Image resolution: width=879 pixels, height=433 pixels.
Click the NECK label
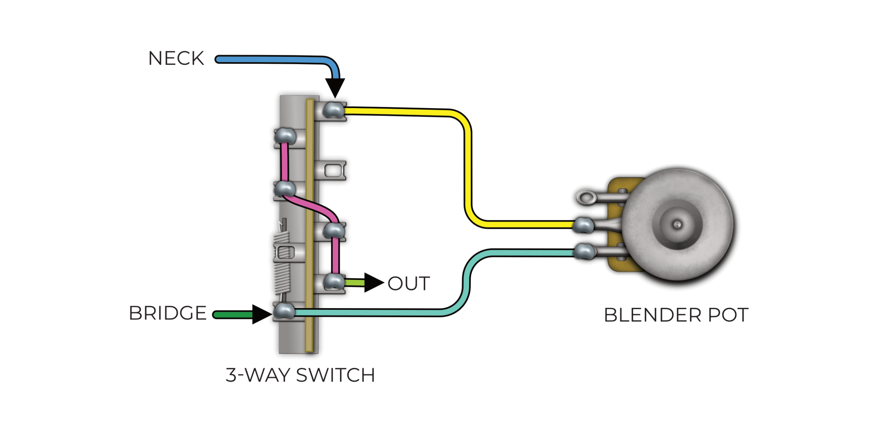tap(176, 58)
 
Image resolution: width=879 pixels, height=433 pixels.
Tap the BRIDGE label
tap(168, 313)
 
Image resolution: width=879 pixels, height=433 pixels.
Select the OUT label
tap(409, 283)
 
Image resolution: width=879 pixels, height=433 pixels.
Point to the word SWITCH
tap(335, 375)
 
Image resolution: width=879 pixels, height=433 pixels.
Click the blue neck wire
tap(275, 60)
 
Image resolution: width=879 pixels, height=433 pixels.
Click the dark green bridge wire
tap(233, 314)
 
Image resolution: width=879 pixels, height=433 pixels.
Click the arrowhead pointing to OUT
tap(374, 283)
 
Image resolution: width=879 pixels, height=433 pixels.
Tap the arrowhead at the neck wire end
tap(335, 88)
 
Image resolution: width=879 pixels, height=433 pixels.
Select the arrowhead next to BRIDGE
tap(262, 314)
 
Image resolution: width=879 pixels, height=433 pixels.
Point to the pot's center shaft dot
tap(677, 225)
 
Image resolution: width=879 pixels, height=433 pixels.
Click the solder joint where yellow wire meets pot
tap(584, 225)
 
